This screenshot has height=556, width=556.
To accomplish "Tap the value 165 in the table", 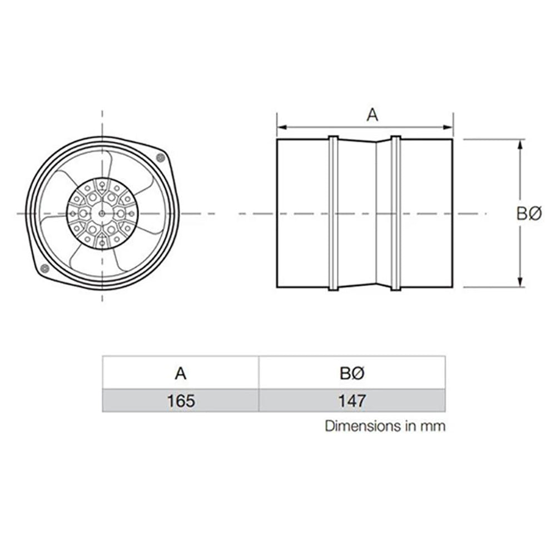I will point(180,401).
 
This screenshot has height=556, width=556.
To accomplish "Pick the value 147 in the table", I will point(351,401).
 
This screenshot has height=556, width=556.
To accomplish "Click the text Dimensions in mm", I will point(385,426).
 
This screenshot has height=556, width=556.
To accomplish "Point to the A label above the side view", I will point(372,115).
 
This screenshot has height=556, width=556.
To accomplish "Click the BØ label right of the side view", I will point(528,214).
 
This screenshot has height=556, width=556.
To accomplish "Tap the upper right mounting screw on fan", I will point(161,158).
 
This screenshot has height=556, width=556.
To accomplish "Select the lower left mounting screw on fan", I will point(44,270).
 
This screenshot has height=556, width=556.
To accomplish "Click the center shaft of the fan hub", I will point(102,214).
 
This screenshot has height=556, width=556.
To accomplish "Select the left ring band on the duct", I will point(333,214).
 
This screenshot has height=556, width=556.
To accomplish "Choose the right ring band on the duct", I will point(395,214).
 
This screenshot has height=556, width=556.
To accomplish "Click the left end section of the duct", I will point(302,214).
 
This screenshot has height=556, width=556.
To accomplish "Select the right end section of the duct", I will point(426,214).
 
